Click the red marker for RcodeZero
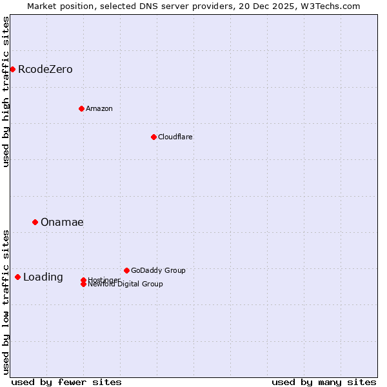click(x=12, y=69)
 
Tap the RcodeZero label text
click(x=45, y=70)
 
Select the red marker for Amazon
click(x=81, y=108)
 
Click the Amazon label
click(x=99, y=108)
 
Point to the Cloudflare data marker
click(x=154, y=137)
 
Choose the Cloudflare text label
click(x=175, y=137)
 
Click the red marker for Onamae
click(x=35, y=222)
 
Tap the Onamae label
click(x=62, y=223)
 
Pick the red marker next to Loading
click(x=17, y=277)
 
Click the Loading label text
click(x=43, y=277)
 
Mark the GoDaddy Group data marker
click(x=126, y=270)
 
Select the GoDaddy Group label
click(x=158, y=270)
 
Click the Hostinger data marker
click(x=83, y=280)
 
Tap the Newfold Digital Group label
click(x=125, y=284)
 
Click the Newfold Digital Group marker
click(x=83, y=284)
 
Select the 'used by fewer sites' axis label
click(x=66, y=382)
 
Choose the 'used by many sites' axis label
click(x=324, y=382)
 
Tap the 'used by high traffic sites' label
click(x=6, y=92)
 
